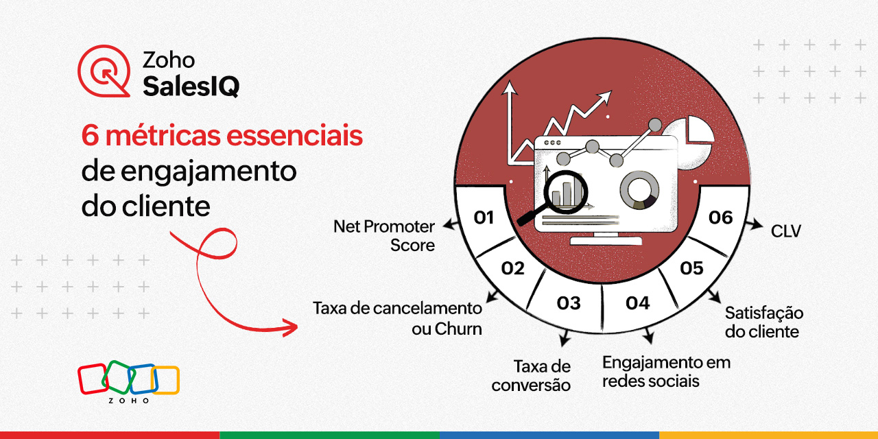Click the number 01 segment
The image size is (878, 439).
click(x=485, y=218)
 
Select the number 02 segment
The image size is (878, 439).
click(x=512, y=268)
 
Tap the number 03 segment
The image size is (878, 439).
click(x=569, y=302)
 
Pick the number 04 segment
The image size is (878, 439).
click(x=637, y=302)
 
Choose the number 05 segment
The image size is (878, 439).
click(x=691, y=268)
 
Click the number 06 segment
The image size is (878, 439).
click(x=721, y=217)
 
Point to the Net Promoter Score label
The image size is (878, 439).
click(x=385, y=235)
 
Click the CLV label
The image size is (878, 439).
click(x=786, y=232)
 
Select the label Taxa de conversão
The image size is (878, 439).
click(x=532, y=375)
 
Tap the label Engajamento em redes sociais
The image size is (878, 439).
click(x=666, y=371)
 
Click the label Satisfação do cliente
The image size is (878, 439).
click(x=763, y=322)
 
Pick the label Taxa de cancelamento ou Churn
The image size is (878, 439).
click(x=397, y=318)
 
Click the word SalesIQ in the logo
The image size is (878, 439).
click(x=191, y=86)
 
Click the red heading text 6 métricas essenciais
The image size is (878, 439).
click(x=222, y=137)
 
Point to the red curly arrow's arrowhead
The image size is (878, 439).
click(x=292, y=327)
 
